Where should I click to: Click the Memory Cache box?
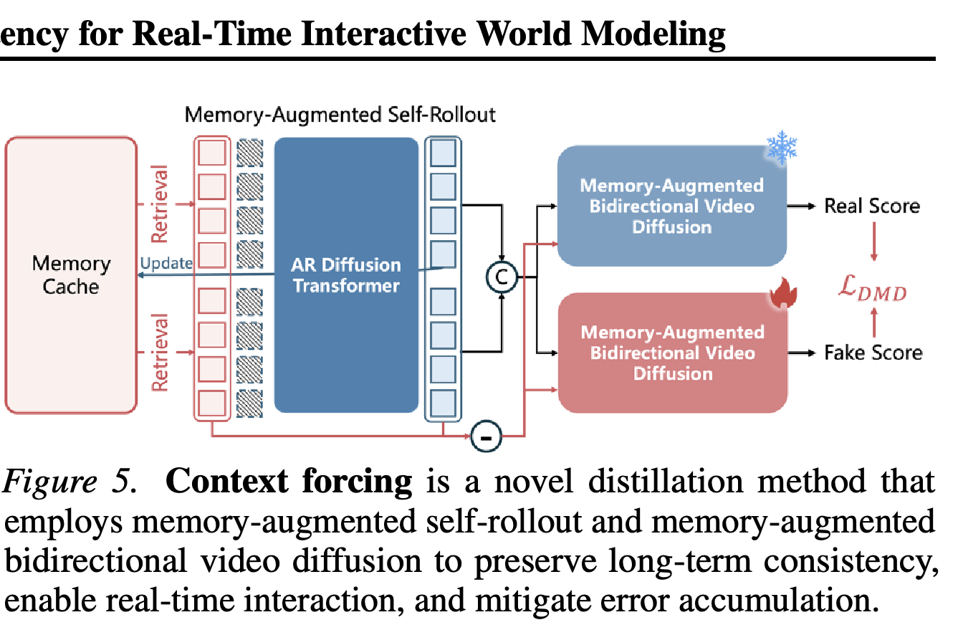coord(71,275)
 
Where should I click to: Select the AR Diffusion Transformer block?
coord(346,275)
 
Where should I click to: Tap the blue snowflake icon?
coord(782,147)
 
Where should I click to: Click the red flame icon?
coord(783,292)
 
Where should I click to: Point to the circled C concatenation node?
coord(502,277)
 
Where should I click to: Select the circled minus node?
coord(486,436)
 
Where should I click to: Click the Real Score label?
coord(871,206)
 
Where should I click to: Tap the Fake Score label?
coord(873,353)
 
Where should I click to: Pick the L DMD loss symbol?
coord(872,288)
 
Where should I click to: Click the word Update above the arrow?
coord(166,263)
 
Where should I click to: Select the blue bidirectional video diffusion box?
coord(672,206)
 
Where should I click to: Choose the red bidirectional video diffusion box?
coord(672,353)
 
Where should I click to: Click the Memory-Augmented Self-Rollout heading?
coord(340,115)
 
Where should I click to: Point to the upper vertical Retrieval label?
coord(160,204)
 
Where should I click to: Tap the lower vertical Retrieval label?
coord(160,352)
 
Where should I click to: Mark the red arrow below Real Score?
coord(873,242)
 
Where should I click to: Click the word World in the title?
coord(524,34)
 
